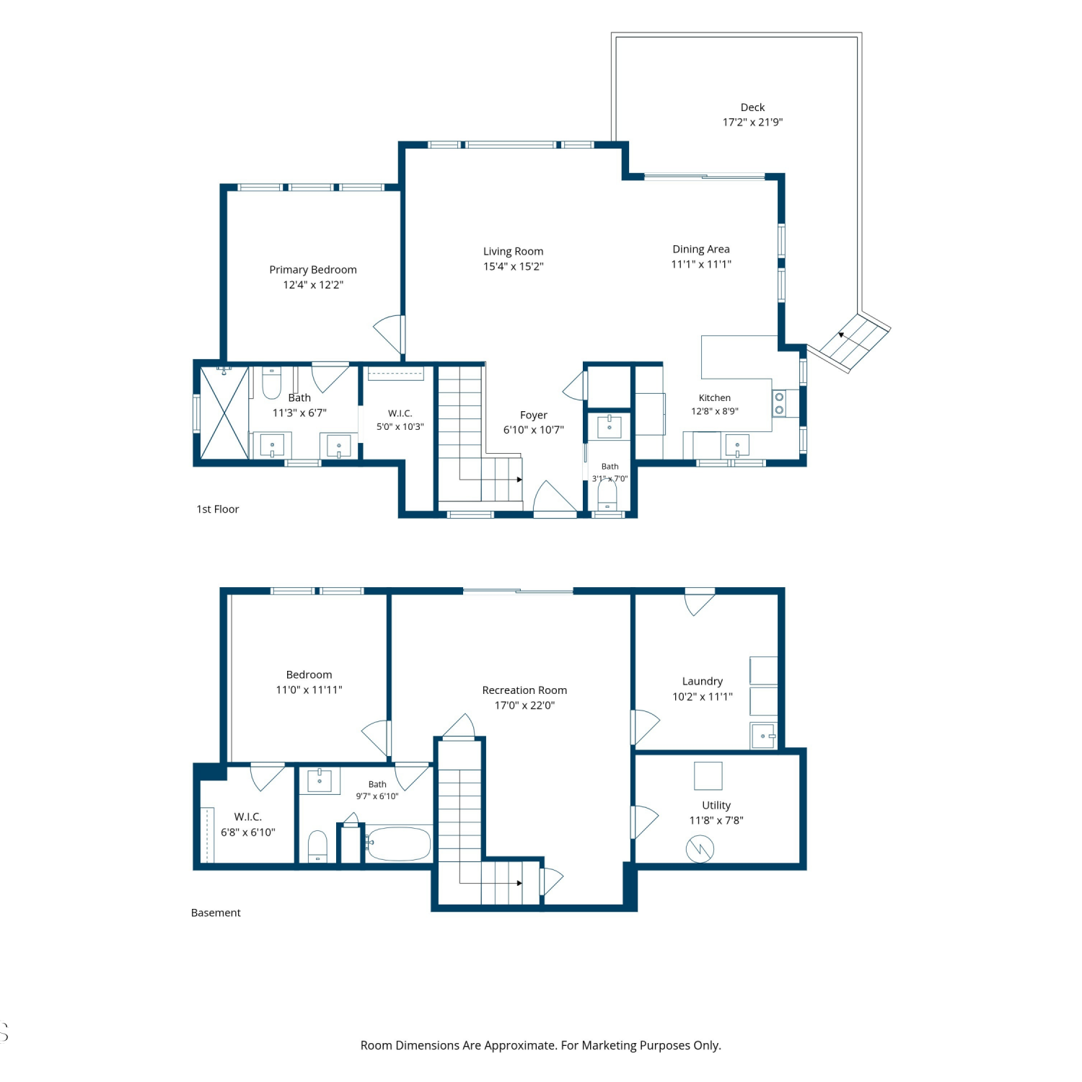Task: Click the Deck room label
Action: click(x=752, y=107)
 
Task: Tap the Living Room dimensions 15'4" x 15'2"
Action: click(x=514, y=266)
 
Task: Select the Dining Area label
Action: click(x=701, y=249)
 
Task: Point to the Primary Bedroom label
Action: click(x=313, y=270)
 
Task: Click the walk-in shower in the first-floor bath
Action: click(x=224, y=413)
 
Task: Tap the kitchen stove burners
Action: click(x=779, y=404)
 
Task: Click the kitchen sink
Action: click(x=737, y=446)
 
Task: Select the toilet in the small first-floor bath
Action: click(x=607, y=496)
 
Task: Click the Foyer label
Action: click(x=534, y=415)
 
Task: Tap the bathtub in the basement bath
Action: click(x=399, y=843)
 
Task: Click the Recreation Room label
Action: click(x=524, y=690)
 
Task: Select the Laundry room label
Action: click(x=703, y=682)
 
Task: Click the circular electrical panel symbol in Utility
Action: click(x=700, y=849)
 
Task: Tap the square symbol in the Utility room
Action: click(x=708, y=776)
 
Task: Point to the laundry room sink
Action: click(x=763, y=736)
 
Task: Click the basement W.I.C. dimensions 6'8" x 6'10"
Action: click(x=248, y=832)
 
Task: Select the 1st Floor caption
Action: click(x=218, y=509)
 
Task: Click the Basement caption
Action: click(x=216, y=912)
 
